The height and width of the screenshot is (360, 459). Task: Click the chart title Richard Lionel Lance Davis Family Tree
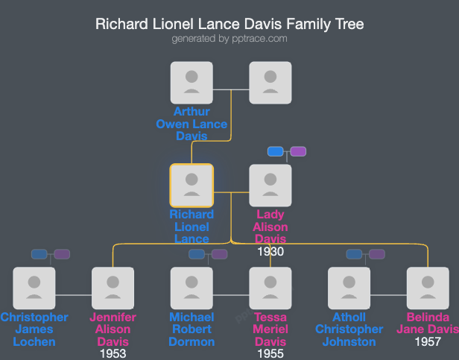229,24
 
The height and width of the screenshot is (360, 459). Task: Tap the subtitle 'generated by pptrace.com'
229,39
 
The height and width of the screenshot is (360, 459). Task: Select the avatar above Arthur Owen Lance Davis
191,82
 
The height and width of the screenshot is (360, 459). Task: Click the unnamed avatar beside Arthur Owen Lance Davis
270,82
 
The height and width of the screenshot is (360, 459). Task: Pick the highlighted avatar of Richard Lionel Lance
191,185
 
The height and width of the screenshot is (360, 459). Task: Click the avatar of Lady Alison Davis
270,185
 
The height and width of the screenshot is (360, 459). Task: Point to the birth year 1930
270,251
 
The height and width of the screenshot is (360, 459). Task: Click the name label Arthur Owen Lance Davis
191,124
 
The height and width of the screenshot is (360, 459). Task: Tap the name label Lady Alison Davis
270,227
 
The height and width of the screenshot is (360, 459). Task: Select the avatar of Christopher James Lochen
34,288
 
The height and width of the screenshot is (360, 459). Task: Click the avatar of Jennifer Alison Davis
113,288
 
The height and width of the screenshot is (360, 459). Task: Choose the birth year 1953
113,353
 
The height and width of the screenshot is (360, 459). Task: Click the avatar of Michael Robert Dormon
191,288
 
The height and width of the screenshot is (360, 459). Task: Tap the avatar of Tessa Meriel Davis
270,288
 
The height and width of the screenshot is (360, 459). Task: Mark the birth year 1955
270,353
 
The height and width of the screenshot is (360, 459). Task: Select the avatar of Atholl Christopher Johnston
349,288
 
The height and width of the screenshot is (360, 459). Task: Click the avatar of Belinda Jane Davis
428,288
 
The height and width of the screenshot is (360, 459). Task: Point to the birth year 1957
428,341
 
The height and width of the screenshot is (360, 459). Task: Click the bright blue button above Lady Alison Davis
276,151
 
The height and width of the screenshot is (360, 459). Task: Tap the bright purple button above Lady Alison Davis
298,151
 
